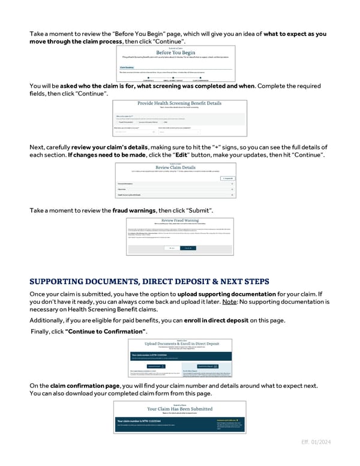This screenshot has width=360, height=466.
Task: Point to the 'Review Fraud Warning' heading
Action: click(180, 220)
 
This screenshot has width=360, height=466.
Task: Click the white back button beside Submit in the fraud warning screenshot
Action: click(172, 247)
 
